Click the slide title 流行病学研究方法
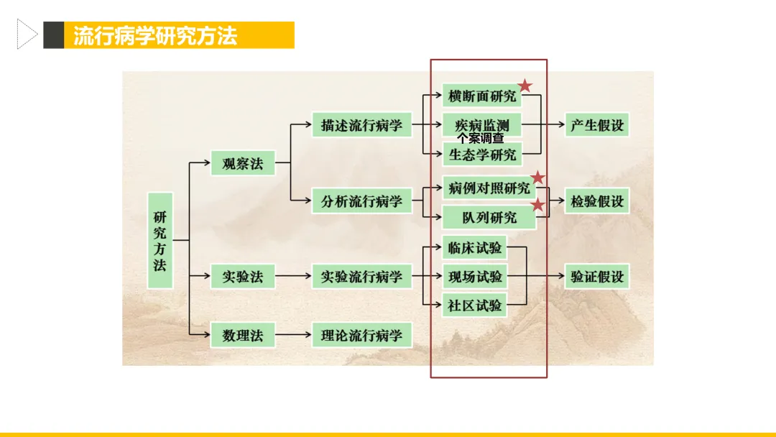click(x=155, y=35)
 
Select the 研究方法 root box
click(x=160, y=241)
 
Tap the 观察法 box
click(x=243, y=163)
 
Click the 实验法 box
click(x=243, y=276)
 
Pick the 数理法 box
click(x=243, y=335)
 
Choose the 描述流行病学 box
click(x=361, y=125)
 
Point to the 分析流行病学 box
click(x=361, y=201)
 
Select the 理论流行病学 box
click(x=361, y=335)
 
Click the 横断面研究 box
click(x=481, y=96)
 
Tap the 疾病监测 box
click(x=481, y=124)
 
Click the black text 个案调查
click(x=481, y=138)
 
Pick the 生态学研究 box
click(x=481, y=154)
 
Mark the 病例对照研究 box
click(x=489, y=188)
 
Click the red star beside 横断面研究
click(x=525, y=86)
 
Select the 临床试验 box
click(x=474, y=248)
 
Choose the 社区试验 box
click(x=474, y=305)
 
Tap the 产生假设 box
click(x=597, y=125)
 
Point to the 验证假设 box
click(x=597, y=276)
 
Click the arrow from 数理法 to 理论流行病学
click(x=293, y=335)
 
